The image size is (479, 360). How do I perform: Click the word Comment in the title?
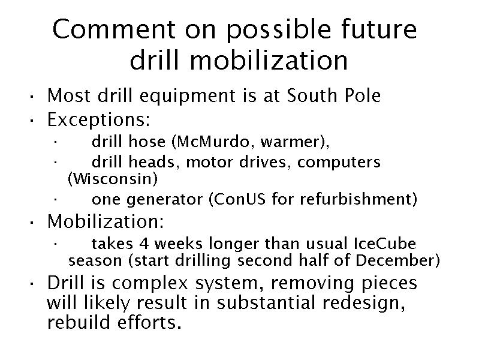[114, 29]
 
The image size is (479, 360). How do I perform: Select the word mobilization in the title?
[269, 61]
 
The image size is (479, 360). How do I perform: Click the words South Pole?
[333, 95]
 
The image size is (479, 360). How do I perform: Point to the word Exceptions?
[99, 119]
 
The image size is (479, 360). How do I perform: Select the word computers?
[339, 163]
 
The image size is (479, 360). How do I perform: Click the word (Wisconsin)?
[113, 179]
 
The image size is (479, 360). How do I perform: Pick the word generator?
[165, 200]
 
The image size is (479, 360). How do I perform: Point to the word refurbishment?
[356, 199]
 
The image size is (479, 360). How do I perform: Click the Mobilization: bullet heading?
[106, 221]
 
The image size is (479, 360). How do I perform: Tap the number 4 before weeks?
[144, 244]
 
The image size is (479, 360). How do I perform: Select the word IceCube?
[385, 244]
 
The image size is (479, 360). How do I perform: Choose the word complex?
[150, 283]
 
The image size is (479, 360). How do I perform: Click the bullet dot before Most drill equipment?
[31, 98]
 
